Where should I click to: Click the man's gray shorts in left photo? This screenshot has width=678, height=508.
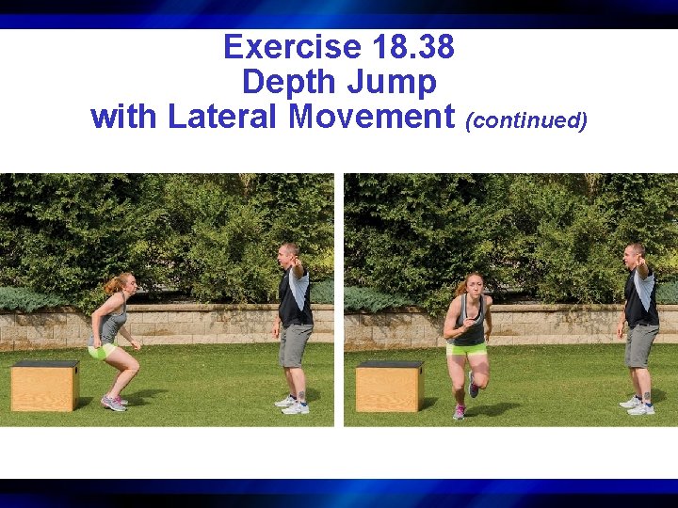295,343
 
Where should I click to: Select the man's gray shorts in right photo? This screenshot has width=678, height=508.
641,343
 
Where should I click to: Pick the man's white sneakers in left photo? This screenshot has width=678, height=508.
292,405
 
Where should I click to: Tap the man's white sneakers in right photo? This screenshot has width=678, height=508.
638,405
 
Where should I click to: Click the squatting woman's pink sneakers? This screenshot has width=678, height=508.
114,403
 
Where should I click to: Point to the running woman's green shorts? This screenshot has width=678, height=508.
466,349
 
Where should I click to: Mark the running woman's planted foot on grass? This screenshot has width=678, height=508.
459,412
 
